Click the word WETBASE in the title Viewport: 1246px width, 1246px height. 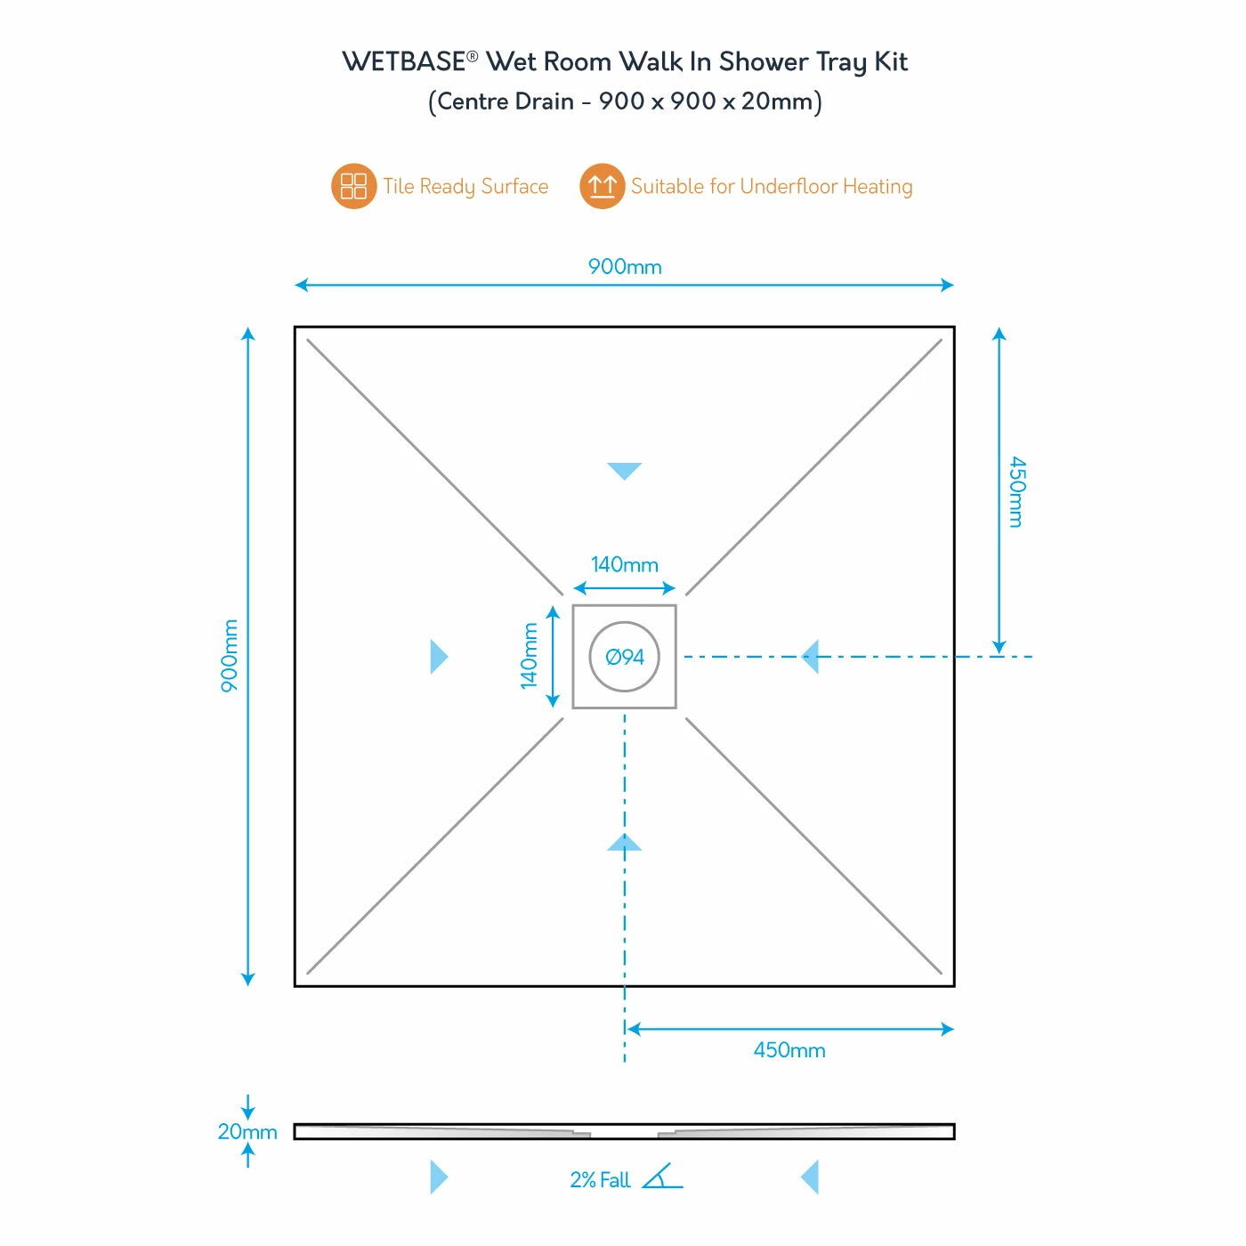pyautogui.click(x=404, y=62)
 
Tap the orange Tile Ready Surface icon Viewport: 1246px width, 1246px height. pyautogui.click(x=353, y=186)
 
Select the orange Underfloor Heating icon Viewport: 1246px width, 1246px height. pyautogui.click(x=602, y=186)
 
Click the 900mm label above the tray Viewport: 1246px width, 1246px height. pyautogui.click(x=624, y=266)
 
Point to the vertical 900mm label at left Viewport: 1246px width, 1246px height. pyautogui.click(x=229, y=656)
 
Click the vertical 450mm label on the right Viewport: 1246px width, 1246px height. pyautogui.click(x=1017, y=491)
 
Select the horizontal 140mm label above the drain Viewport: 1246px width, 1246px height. pyautogui.click(x=624, y=564)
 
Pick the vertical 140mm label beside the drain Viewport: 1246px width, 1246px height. pyautogui.click(x=529, y=656)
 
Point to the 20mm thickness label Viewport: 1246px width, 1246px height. pyautogui.click(x=247, y=1131)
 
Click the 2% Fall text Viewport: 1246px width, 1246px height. pyautogui.click(x=599, y=1180)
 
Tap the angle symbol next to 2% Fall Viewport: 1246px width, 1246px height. pyautogui.click(x=661, y=1177)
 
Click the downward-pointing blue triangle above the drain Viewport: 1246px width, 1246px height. pyautogui.click(x=624, y=470)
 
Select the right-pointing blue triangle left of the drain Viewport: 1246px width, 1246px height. pyautogui.click(x=439, y=656)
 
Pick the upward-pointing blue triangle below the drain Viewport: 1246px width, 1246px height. pyautogui.click(x=624, y=843)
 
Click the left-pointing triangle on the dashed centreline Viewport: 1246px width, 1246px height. pyautogui.click(x=810, y=656)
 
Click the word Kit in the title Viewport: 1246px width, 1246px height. pyautogui.click(x=891, y=62)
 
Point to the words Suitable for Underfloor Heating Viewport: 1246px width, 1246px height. pyautogui.click(x=772, y=186)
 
